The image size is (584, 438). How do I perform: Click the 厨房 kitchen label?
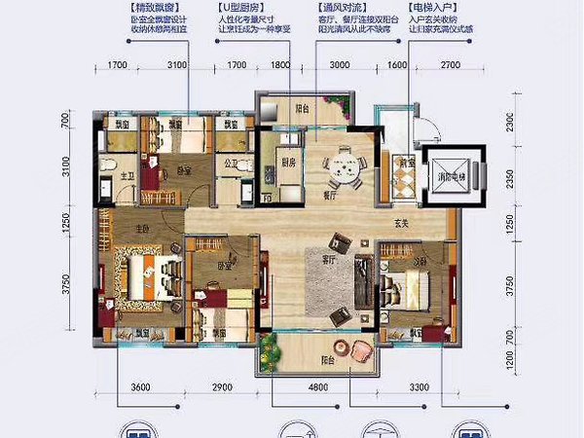287,164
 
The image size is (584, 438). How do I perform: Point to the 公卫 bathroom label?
231,164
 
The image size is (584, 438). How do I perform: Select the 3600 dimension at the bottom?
143,388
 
